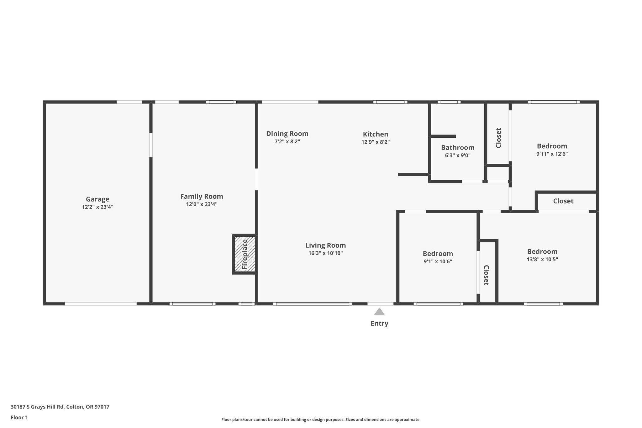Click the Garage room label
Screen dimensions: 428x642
(x=97, y=199)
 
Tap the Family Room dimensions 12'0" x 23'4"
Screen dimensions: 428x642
(x=202, y=204)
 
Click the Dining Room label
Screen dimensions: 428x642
(x=287, y=134)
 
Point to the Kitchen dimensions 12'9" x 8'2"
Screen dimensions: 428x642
(x=375, y=142)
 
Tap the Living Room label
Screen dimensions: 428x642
(x=325, y=245)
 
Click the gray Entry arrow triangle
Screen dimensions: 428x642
(x=379, y=312)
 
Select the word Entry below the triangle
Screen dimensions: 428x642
(x=379, y=324)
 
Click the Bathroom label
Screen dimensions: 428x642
(x=457, y=147)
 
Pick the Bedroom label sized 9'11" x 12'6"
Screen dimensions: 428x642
(x=552, y=146)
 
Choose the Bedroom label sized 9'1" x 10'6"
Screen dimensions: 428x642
(x=438, y=254)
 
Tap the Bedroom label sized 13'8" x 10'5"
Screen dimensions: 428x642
(x=542, y=251)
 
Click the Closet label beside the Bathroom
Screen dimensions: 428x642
(x=498, y=138)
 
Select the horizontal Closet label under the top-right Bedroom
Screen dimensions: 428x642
(x=563, y=201)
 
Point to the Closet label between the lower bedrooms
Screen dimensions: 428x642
(x=486, y=275)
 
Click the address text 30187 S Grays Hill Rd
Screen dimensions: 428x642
(x=60, y=407)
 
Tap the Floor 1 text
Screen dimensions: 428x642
(x=19, y=417)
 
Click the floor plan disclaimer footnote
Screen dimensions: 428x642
(x=321, y=420)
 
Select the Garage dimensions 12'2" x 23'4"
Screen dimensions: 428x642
(x=97, y=207)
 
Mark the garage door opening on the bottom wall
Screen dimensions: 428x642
(x=101, y=304)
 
